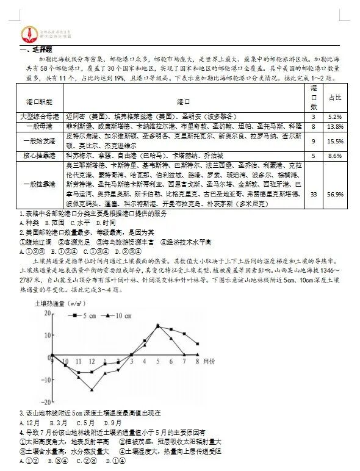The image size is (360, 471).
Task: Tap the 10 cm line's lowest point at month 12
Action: pyautogui.click(x=92, y=390)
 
